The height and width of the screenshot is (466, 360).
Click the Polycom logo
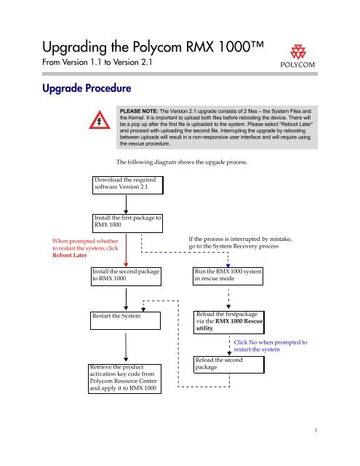coord(297,57)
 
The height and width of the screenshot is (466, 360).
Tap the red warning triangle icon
coord(100,120)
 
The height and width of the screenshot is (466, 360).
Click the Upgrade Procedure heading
coord(87,88)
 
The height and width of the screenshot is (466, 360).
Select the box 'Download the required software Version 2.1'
coord(128,185)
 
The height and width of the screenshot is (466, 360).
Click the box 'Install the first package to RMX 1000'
coord(127,224)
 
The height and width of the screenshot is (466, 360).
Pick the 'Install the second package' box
coord(126,277)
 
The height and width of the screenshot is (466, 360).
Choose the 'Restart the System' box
coord(126,320)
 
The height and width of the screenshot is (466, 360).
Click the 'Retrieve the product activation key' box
coord(124,379)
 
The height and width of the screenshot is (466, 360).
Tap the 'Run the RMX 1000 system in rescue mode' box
coord(228,277)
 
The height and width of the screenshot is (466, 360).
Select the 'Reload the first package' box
coord(229,323)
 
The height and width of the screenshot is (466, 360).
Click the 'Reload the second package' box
coord(229,365)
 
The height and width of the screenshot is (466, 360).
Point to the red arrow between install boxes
coord(126,250)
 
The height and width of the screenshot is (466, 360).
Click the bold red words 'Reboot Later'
coord(70,255)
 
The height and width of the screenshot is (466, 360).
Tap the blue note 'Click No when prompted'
coord(271,346)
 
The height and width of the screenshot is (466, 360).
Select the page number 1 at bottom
coord(316,430)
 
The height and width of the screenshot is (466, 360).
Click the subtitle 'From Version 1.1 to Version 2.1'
coord(97,62)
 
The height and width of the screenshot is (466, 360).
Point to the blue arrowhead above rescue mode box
coord(228,265)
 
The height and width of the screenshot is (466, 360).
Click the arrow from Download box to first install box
coord(126,205)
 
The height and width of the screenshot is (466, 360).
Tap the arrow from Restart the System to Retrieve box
coord(126,347)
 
